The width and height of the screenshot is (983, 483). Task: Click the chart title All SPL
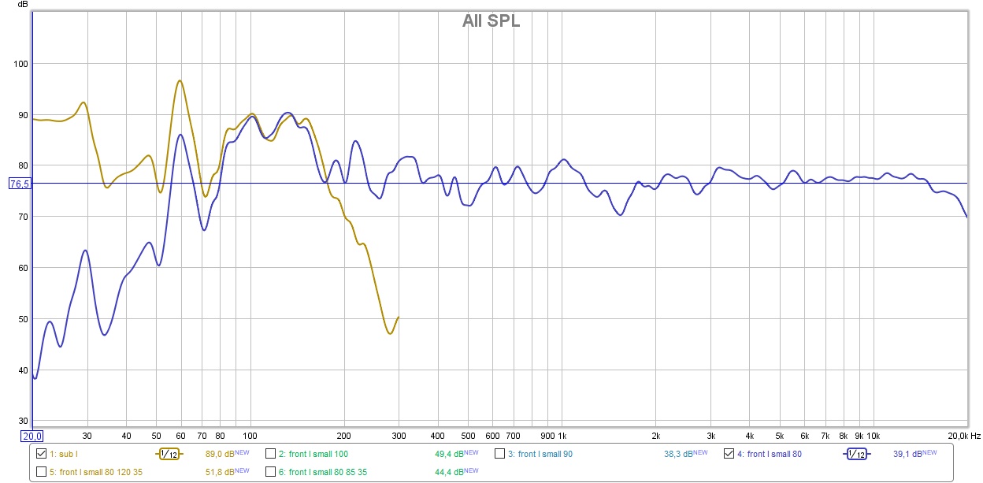491,21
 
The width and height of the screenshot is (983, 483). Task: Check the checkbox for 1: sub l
42,454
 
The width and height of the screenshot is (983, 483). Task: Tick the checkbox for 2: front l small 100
270,454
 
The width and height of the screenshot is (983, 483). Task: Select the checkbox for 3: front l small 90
500,454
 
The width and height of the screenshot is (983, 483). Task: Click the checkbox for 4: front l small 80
729,454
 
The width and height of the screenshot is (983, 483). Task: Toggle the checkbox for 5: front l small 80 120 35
42,472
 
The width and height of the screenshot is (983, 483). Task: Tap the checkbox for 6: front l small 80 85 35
270,472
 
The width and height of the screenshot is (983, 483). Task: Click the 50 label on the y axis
22,319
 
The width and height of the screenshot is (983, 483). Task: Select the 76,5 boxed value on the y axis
19,184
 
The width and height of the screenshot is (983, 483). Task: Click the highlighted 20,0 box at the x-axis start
32,436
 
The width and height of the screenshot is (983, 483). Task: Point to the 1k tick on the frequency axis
562,436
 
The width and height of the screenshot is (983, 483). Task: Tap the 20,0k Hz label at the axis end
958,436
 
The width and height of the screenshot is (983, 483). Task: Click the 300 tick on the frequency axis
399,436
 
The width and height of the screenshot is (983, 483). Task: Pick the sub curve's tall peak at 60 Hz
180,80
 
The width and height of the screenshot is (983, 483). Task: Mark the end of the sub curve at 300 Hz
398,317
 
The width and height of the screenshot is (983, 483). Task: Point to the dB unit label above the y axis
22,6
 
